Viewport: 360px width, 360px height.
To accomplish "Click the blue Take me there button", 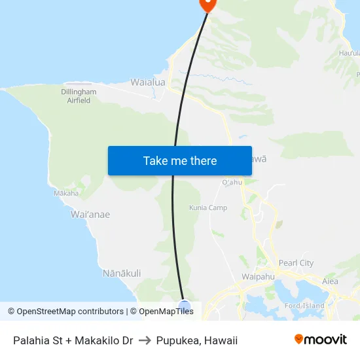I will [180, 160].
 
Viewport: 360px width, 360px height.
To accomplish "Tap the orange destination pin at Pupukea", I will [207, 4].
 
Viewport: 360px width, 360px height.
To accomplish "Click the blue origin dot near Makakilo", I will [185, 306].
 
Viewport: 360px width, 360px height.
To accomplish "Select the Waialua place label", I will [148, 82].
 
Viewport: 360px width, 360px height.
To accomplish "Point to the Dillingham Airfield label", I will [79, 96].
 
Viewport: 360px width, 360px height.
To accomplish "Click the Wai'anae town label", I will [90, 214].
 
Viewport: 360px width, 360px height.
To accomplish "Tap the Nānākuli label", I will [122, 273].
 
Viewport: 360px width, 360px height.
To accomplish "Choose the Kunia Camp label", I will [208, 207].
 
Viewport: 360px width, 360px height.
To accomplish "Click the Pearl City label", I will [296, 263].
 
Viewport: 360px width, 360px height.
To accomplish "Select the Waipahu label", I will [258, 277].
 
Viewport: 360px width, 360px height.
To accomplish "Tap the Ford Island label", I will [306, 306].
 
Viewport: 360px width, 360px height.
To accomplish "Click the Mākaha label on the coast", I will [66, 193].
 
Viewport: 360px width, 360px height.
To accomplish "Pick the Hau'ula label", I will [349, 53].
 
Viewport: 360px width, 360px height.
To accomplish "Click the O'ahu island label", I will [232, 183].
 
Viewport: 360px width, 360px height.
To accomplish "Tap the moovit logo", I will [320, 340].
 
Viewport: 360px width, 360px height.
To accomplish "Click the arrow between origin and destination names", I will [145, 340].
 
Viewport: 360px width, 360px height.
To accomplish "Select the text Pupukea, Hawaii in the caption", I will [196, 340].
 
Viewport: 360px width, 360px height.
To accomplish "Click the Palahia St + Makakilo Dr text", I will [73, 340].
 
